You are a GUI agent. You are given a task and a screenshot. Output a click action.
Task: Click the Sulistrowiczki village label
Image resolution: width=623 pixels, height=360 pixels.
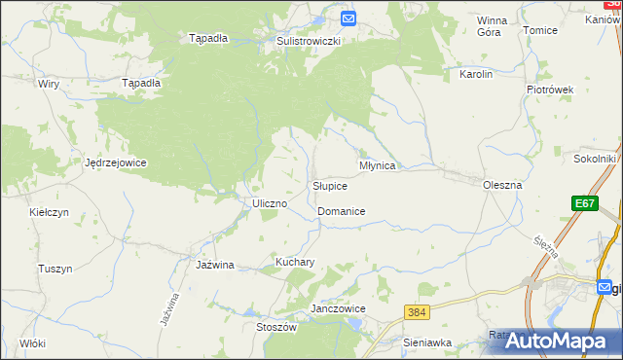click(x=308, y=42)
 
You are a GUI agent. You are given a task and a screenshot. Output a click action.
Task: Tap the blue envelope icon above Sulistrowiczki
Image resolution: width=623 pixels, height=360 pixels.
click(x=349, y=18)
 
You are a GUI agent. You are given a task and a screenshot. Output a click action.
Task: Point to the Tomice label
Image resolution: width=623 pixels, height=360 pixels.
click(x=540, y=30)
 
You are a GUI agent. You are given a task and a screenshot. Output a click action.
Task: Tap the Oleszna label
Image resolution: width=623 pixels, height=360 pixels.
click(x=503, y=184)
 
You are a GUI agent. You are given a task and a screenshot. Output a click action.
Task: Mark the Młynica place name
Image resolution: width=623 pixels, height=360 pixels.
click(x=378, y=165)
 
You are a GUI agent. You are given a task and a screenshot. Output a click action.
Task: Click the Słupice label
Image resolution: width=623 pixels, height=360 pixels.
click(x=330, y=185)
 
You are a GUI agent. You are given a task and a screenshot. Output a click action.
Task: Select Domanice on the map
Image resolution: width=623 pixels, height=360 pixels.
click(x=342, y=211)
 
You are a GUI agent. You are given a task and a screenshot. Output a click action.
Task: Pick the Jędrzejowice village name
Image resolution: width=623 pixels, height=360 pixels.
click(x=116, y=162)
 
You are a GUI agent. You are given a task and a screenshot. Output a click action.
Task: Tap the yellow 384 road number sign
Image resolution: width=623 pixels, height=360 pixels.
click(x=418, y=311)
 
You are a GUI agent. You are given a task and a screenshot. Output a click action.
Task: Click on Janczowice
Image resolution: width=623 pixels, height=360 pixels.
click(x=337, y=308)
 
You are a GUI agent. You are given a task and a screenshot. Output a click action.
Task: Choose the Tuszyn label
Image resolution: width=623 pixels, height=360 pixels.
click(x=55, y=269)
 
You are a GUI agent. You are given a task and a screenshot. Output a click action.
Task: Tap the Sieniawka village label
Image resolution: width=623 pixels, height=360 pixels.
click(x=427, y=342)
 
